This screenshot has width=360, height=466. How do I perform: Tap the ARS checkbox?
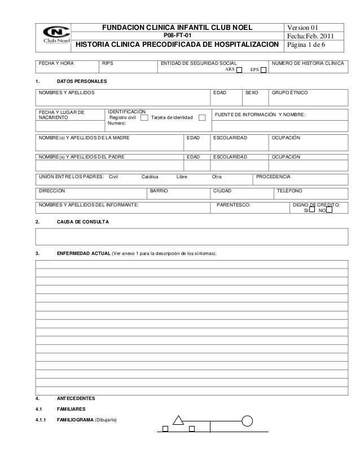[239, 71]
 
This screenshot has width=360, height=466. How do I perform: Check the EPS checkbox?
[264, 71]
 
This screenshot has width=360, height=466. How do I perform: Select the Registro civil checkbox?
[144, 118]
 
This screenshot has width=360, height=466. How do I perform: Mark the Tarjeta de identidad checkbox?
[203, 118]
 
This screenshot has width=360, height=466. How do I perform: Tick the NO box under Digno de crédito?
[330, 210]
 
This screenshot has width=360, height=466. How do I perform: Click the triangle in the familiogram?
[178, 420]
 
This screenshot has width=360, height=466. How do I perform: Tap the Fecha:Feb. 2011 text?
[310, 37]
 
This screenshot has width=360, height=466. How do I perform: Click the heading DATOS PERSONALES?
[78, 83]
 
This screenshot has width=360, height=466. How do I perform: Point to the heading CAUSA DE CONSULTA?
[84, 222]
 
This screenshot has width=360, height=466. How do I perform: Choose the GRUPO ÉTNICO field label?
[290, 92]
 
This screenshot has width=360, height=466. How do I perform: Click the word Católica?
[150, 177]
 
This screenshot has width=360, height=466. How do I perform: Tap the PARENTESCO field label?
[234, 205]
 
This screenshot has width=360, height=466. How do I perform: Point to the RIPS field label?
[107, 63]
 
